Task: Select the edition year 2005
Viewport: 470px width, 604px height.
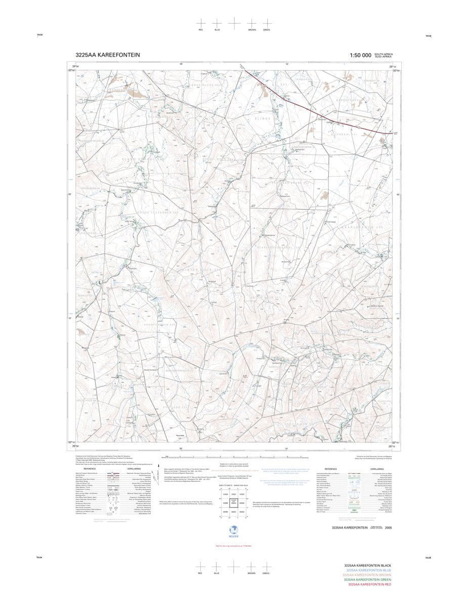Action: (388, 527)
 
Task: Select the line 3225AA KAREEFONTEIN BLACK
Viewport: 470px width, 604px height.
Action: (368, 565)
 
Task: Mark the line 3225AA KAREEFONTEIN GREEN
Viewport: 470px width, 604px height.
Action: (367, 580)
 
